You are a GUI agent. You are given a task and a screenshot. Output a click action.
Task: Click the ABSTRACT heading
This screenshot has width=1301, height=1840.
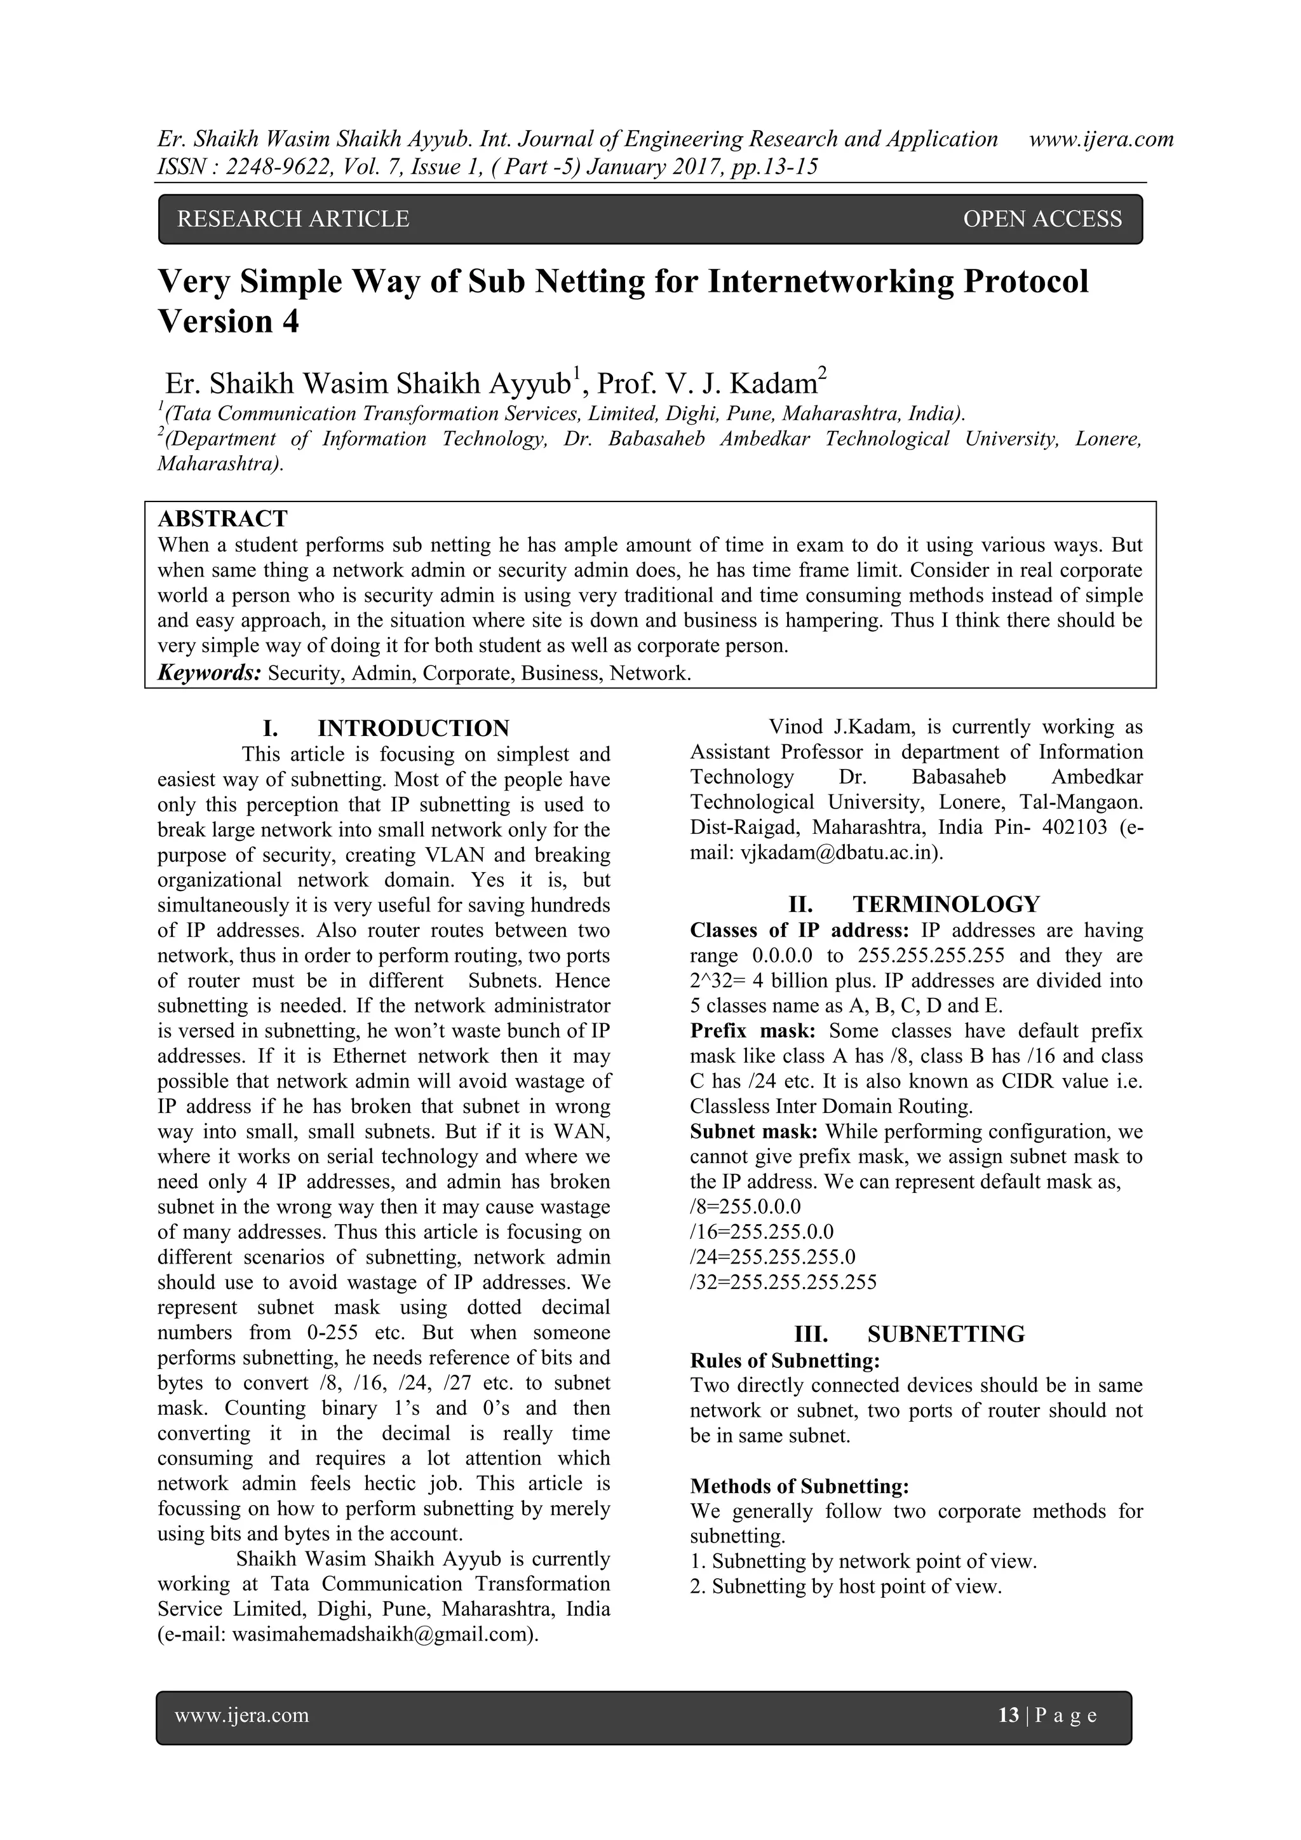click(223, 519)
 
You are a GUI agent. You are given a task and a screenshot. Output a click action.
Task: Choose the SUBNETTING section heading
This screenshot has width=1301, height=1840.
click(945, 1334)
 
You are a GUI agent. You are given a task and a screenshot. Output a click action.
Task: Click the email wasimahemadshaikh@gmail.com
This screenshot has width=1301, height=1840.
click(382, 1635)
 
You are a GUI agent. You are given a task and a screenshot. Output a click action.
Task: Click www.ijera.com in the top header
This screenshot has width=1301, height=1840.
click(1101, 139)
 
